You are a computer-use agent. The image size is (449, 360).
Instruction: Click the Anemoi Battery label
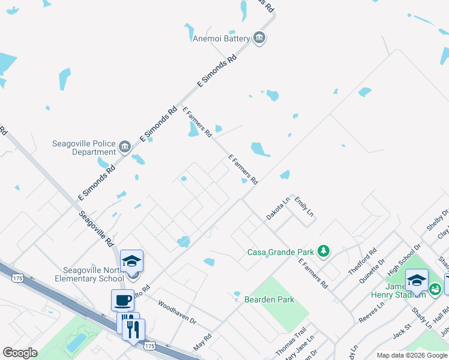[220, 39]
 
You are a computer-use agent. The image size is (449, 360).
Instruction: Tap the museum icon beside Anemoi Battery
[259, 38]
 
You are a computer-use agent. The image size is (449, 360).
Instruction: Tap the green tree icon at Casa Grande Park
[324, 250]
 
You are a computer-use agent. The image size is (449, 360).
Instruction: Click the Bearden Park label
[269, 299]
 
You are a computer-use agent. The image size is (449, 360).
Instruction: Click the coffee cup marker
[122, 299]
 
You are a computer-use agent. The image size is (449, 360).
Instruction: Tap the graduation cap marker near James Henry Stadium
[417, 280]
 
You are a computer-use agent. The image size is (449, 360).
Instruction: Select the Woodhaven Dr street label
[177, 313]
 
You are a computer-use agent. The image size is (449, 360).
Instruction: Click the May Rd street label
[203, 340]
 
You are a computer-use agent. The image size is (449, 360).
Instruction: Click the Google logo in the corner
[20, 353]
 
